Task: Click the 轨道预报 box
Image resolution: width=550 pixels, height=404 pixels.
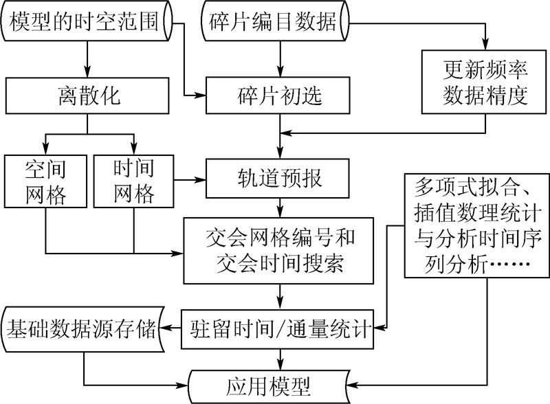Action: coord(278,180)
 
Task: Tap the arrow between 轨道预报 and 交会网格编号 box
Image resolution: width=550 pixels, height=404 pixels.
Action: coord(279,207)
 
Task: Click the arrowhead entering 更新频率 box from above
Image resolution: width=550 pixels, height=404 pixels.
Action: coord(485,46)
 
